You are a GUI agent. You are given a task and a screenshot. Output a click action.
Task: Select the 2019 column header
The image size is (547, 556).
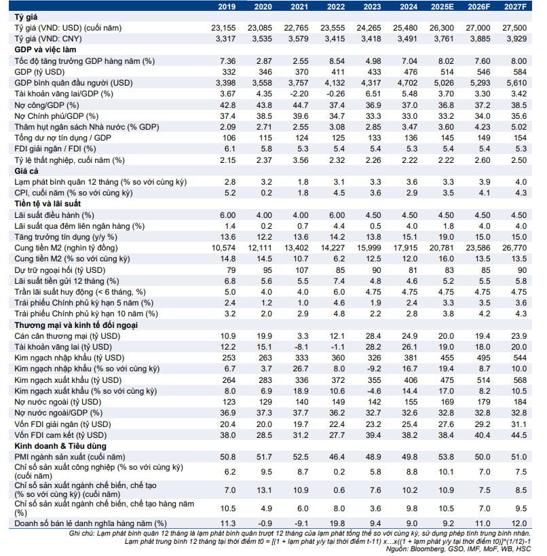click(x=226, y=6)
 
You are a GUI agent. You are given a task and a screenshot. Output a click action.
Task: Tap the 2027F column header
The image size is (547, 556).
click(x=514, y=6)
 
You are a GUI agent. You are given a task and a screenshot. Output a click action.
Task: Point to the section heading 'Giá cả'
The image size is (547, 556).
click(x=26, y=171)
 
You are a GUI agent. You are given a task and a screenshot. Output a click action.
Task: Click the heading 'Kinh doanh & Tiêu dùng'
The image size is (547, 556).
click(x=60, y=445)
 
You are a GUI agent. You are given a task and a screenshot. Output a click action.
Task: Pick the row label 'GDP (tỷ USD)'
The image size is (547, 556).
click(x=40, y=71)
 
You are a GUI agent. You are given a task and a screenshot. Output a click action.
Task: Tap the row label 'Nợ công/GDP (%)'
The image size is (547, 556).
click(x=47, y=105)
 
